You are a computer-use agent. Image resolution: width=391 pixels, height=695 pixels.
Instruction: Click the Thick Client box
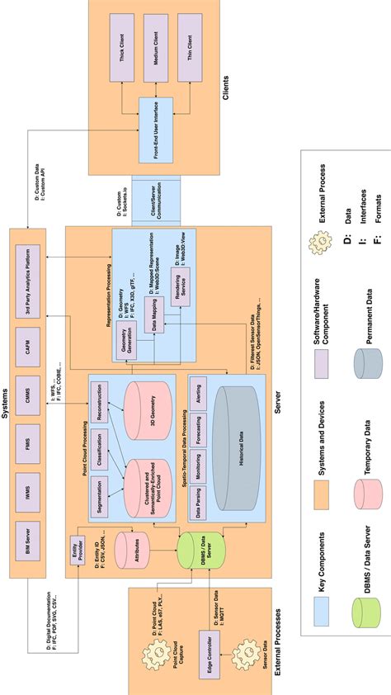[120, 46]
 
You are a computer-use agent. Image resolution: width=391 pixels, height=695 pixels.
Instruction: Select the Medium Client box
[155, 46]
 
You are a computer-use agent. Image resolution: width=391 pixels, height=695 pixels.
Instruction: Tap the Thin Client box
[190, 46]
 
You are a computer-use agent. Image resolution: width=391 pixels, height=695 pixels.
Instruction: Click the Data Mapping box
[154, 312]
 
